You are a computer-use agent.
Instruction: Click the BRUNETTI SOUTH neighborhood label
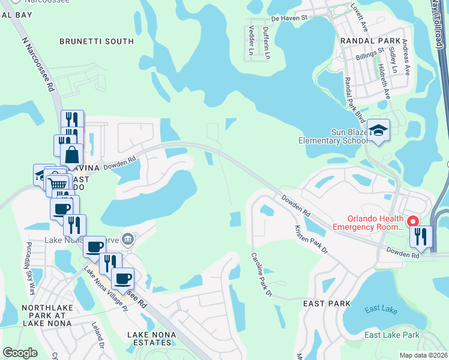(97, 41)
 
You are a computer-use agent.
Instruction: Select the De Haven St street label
(289, 19)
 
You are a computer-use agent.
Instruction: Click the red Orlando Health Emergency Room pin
(414, 220)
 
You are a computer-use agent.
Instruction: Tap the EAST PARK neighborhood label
(327, 304)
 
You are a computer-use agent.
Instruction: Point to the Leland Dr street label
(97, 334)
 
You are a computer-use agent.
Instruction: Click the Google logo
(20, 353)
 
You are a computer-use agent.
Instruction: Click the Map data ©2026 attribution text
(423, 355)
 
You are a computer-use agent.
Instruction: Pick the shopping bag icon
(71, 154)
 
